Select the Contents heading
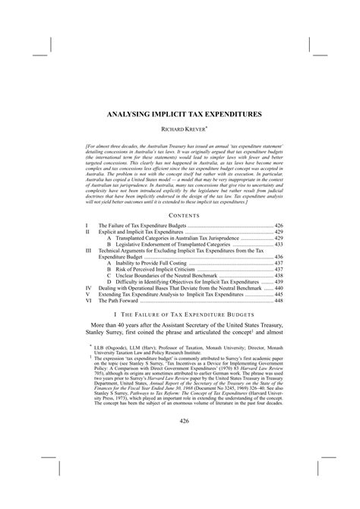180,217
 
